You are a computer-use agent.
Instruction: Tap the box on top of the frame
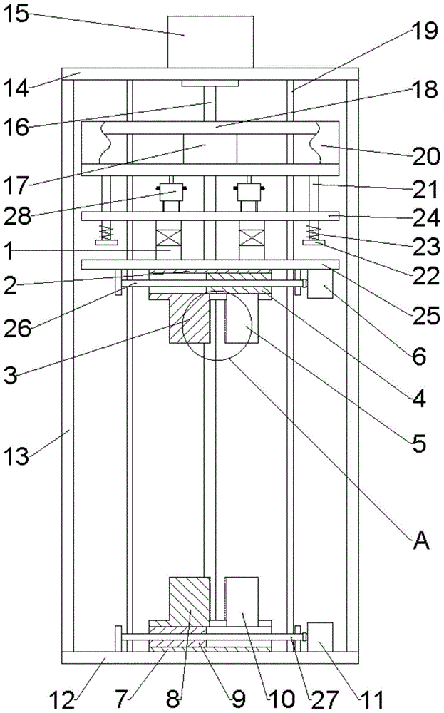(210, 41)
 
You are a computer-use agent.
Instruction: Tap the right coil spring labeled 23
(313, 232)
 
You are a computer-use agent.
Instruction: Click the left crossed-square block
(169, 235)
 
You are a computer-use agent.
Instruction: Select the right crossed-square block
(252, 235)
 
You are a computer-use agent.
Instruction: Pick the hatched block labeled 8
(188, 603)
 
